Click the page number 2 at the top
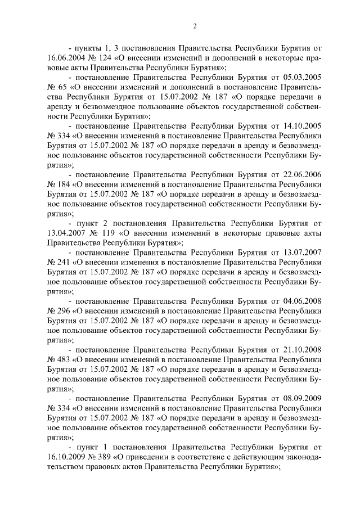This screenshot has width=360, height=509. [194, 26]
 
